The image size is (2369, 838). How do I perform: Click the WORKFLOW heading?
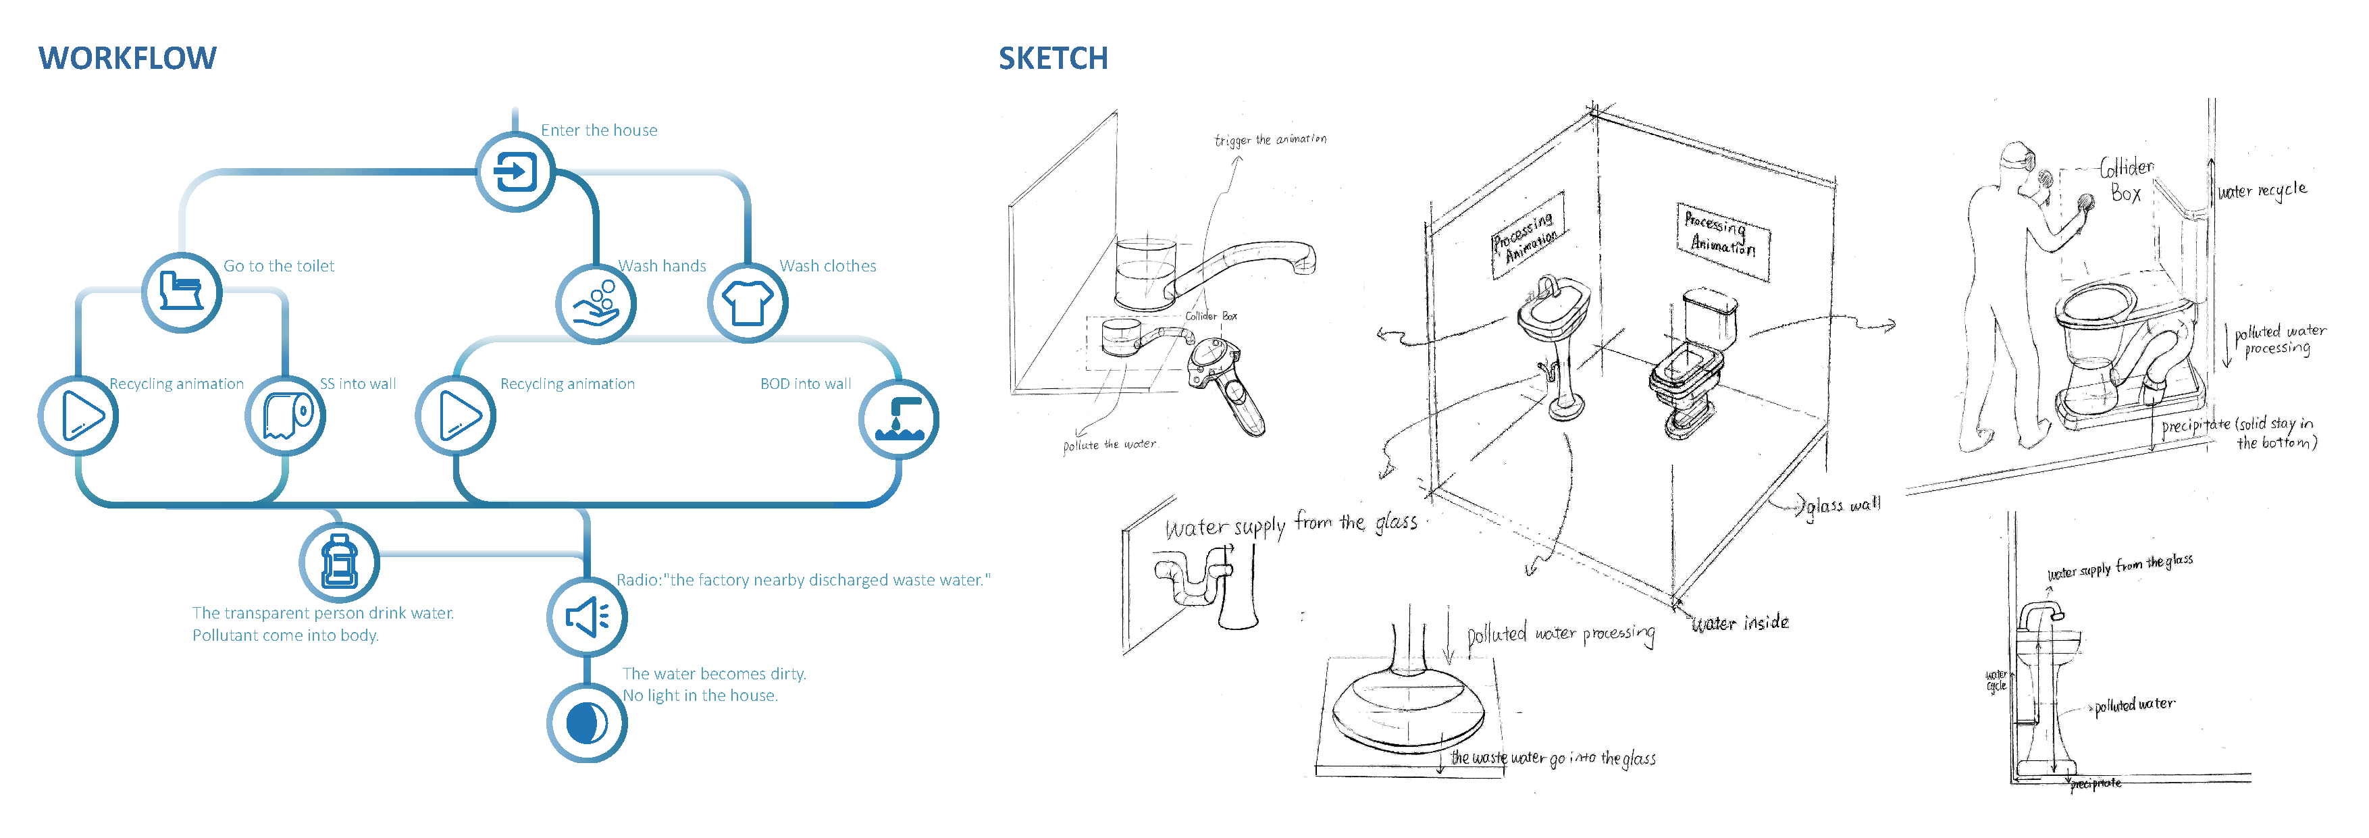point(127,58)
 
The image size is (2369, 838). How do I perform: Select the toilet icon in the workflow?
point(181,292)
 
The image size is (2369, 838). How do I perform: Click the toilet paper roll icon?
point(286,416)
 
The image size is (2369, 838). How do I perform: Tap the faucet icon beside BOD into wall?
point(898,419)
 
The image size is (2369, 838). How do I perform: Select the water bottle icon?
point(340,562)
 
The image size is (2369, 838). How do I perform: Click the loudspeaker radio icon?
point(587,617)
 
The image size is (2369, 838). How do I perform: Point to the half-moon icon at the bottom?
point(587,723)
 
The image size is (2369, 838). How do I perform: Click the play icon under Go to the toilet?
point(79,416)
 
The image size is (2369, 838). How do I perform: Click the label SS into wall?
point(358,384)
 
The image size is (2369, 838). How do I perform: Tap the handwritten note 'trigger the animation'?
point(1270,140)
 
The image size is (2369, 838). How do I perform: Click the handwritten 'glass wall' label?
point(1843,505)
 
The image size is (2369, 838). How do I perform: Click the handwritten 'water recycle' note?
point(2262,190)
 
